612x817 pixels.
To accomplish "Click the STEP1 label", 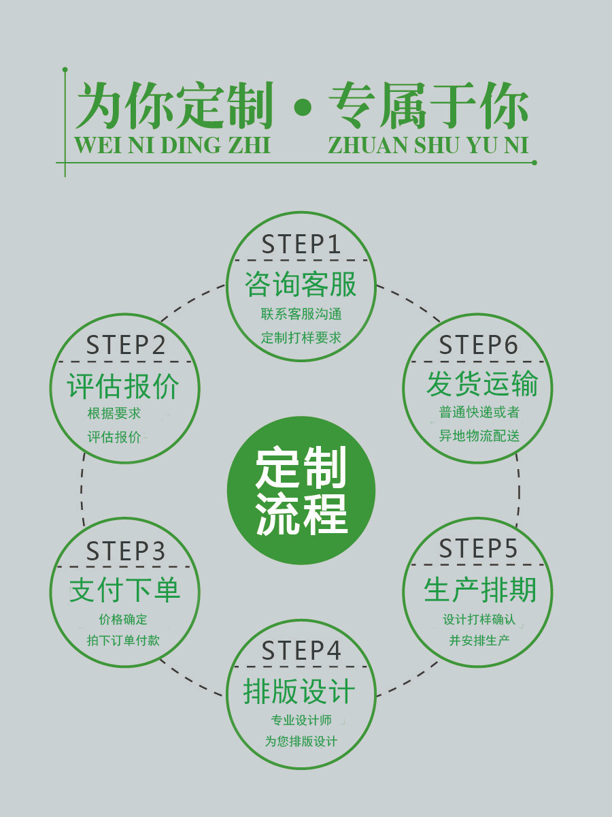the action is coord(301,244).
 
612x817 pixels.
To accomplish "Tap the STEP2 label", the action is coord(126,345).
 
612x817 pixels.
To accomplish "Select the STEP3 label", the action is coord(126,551).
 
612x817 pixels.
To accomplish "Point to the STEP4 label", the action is coord(301,652).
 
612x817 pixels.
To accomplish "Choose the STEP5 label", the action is coord(478,549).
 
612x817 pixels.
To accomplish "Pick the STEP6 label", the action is coord(478,345).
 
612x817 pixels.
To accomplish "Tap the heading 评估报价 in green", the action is coord(124,387).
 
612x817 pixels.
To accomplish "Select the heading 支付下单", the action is coord(124,590).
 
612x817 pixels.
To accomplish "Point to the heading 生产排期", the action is coord(479,590).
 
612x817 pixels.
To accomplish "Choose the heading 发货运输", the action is coord(482,385).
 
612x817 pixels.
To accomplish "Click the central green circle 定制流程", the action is coord(301,490).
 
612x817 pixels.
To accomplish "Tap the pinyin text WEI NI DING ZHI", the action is coord(172,146).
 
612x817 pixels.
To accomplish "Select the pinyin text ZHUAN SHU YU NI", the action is coord(428,146).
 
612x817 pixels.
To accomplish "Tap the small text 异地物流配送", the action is coord(479,436).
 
